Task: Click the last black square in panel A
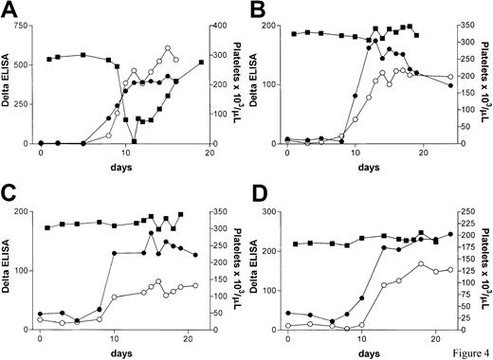pos(201,63)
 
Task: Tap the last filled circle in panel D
pos(450,234)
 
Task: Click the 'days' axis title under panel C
pos(115,351)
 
